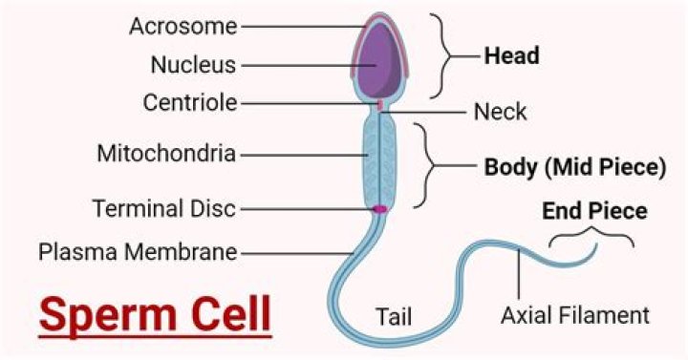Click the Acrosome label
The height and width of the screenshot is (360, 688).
coord(183,26)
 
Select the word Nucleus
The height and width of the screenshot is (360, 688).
coord(193,65)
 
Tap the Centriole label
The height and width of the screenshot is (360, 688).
coord(190,102)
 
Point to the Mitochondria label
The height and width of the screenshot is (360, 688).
coord(167,153)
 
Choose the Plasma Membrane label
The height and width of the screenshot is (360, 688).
coord(139,252)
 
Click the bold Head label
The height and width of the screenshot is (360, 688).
coord(511,56)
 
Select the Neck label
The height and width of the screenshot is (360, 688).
coord(500,112)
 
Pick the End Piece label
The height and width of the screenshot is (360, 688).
coord(594,209)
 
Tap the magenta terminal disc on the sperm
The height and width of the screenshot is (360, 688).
coord(379,208)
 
